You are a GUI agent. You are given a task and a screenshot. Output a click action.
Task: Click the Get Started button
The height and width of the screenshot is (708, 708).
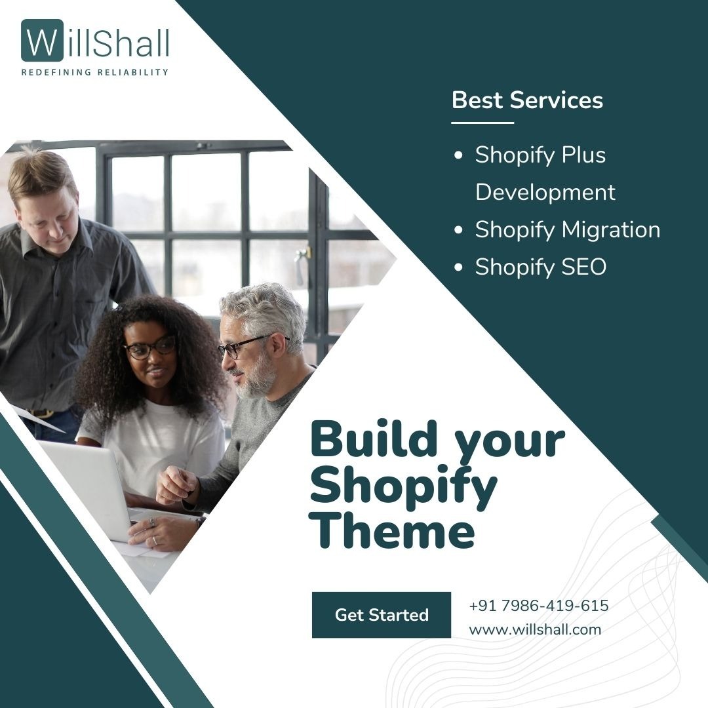[x=381, y=614]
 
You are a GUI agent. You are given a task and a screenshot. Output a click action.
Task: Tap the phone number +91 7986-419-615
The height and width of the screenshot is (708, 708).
[x=539, y=605]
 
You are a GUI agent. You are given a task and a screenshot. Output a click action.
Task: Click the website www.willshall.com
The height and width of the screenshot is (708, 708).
[x=535, y=629]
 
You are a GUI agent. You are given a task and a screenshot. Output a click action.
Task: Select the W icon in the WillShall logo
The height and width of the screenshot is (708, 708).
[x=43, y=41]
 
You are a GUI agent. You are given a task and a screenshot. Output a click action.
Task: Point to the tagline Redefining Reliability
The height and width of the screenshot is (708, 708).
[x=95, y=72]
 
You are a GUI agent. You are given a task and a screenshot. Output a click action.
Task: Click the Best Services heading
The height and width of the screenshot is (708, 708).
[x=527, y=100]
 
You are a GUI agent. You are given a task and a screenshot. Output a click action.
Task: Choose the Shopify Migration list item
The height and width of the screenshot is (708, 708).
[x=568, y=229]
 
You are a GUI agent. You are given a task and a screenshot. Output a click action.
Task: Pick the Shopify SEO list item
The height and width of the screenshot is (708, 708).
[x=540, y=267]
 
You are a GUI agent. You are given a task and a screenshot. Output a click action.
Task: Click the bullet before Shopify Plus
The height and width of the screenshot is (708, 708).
[x=458, y=155]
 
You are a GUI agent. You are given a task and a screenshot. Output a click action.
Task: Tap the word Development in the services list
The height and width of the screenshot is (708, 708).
[x=545, y=192]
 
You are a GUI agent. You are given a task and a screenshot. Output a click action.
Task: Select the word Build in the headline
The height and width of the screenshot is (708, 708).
[x=374, y=438]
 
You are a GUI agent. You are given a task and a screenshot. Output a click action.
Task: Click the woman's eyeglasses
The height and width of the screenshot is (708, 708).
[x=149, y=347]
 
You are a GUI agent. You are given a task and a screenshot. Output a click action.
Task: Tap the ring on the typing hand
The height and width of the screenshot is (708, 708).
[x=155, y=540]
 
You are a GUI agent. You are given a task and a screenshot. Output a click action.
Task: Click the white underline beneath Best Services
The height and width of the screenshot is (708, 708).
[x=482, y=123]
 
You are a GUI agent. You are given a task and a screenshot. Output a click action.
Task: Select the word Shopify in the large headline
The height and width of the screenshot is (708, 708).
[x=404, y=484]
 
